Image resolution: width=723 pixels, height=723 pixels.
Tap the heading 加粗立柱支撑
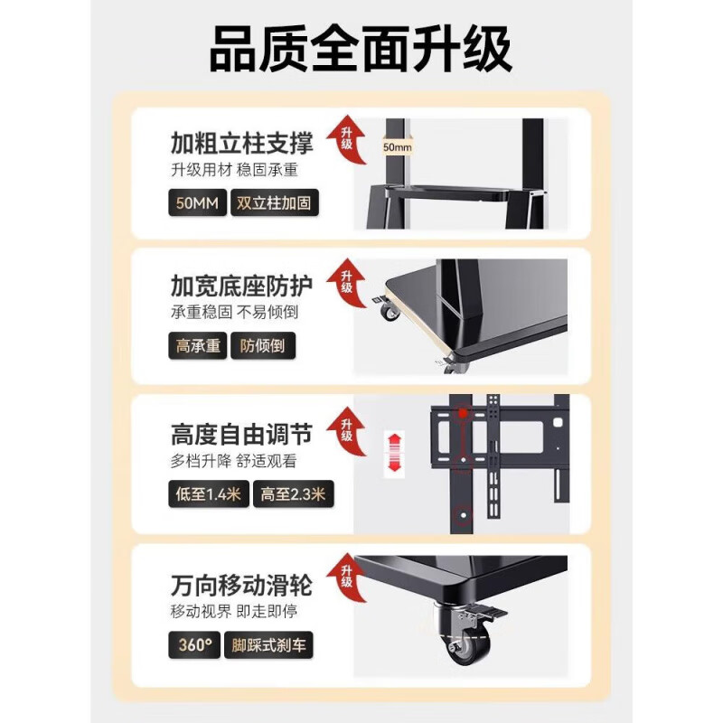(241, 143)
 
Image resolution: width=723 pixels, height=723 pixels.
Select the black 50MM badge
(196, 202)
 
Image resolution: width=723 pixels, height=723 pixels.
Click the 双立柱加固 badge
(274, 202)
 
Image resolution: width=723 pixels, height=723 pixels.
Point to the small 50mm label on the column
(397, 146)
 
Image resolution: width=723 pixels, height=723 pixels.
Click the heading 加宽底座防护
(241, 287)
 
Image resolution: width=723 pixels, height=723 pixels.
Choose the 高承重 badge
(197, 347)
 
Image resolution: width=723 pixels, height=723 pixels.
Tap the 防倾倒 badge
(267, 347)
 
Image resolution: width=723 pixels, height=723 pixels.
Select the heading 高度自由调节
(241, 435)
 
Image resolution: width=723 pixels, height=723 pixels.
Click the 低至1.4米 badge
(208, 494)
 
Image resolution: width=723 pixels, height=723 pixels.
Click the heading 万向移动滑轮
(241, 585)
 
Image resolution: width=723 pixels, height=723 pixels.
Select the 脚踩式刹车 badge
(274, 645)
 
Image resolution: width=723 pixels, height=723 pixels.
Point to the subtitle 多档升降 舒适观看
(234, 462)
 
